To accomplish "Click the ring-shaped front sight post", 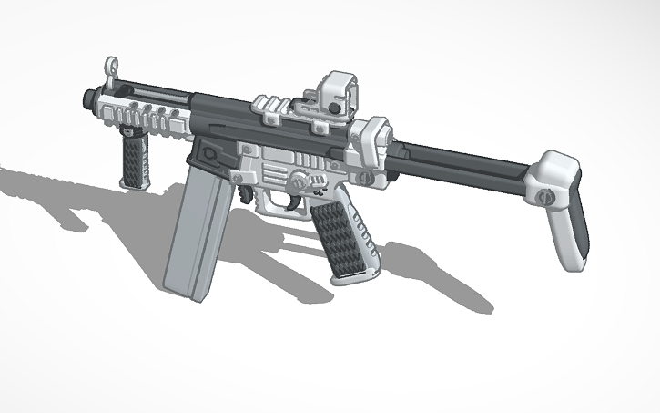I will [x=112, y=66].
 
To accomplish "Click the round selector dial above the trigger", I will [x=300, y=181].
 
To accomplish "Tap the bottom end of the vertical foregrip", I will [x=133, y=182].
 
